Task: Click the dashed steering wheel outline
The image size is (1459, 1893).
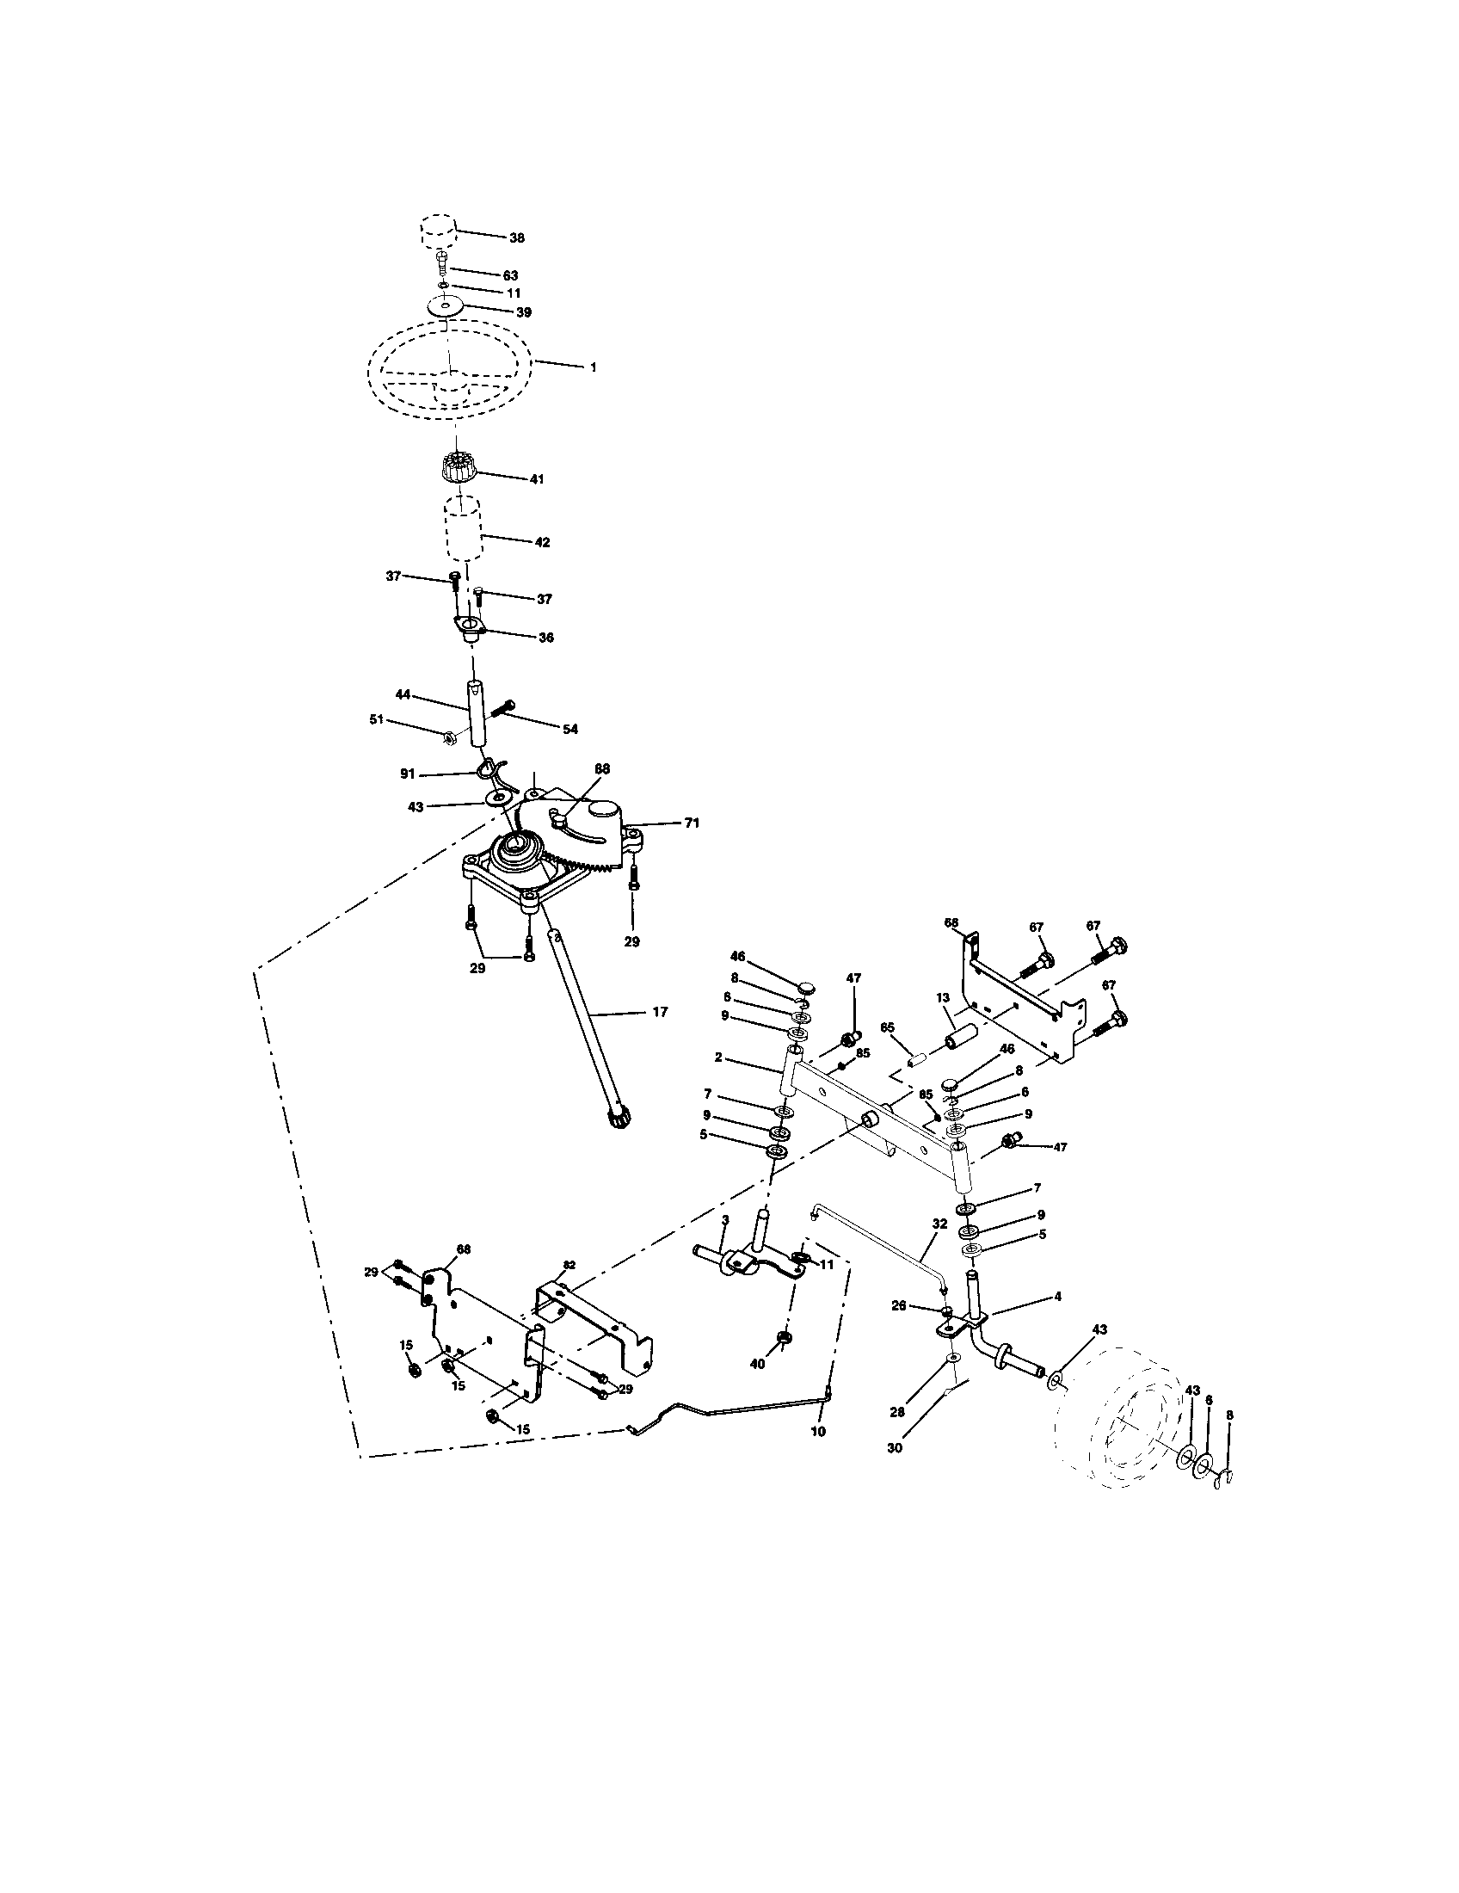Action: click(x=451, y=373)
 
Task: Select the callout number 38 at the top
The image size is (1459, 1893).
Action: click(x=517, y=237)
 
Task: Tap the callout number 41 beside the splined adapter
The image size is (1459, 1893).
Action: click(x=536, y=478)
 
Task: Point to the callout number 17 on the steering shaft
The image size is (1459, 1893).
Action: click(x=660, y=1012)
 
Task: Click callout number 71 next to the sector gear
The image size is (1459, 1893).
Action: click(x=692, y=823)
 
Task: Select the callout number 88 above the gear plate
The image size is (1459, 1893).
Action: click(x=602, y=768)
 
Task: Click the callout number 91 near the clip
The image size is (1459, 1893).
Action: click(x=407, y=774)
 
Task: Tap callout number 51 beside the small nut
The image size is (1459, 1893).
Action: click(x=376, y=718)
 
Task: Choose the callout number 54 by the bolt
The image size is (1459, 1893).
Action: click(x=569, y=729)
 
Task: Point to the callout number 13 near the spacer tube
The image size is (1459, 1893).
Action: click(x=944, y=997)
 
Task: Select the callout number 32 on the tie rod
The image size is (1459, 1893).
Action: click(x=939, y=1224)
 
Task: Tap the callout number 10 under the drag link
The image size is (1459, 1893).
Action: click(x=817, y=1431)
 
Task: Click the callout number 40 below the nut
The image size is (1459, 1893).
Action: click(x=757, y=1364)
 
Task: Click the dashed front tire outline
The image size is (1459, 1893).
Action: click(x=1135, y=1417)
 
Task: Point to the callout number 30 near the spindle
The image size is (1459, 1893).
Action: click(x=894, y=1446)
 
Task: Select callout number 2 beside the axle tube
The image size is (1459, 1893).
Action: click(x=719, y=1058)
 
